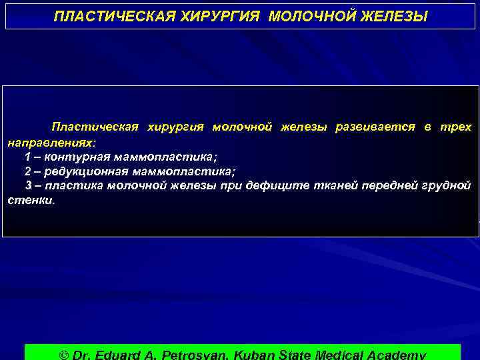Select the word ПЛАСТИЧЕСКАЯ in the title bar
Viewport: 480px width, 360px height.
coord(113,15)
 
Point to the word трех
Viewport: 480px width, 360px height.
coord(455,127)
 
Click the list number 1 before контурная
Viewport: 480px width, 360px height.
coord(27,157)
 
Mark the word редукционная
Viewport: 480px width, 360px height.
coord(88,171)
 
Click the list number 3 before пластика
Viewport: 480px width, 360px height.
coord(29,185)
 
